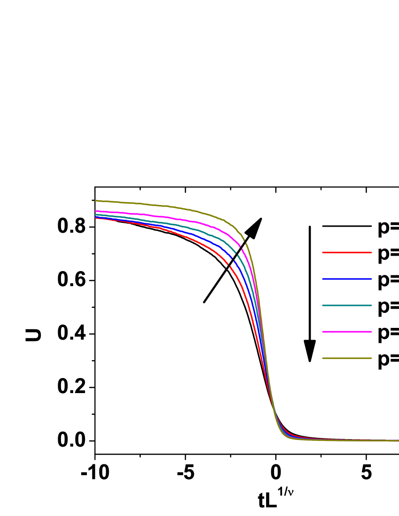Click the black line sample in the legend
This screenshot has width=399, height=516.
[347, 226]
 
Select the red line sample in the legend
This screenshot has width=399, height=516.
[347, 253]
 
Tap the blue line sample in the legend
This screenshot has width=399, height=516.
[347, 279]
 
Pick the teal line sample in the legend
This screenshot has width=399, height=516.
[347, 305]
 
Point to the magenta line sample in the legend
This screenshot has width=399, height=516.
[347, 332]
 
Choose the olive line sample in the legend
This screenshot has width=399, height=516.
[347, 358]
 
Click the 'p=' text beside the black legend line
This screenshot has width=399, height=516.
[388, 227]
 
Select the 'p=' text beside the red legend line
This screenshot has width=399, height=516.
[388, 254]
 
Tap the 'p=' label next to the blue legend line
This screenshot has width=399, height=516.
[388, 280]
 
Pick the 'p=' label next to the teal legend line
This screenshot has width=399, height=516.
[388, 306]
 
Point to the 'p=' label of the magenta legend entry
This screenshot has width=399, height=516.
[388, 333]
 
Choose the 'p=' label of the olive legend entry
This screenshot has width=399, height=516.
[388, 359]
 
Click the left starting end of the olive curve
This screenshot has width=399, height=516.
[96, 200]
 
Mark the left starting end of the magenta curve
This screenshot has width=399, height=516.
[96, 211]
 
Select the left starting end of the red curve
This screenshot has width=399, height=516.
[96, 218]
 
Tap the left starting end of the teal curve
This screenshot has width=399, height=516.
[96, 214]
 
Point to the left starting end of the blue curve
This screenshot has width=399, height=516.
[96, 216]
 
